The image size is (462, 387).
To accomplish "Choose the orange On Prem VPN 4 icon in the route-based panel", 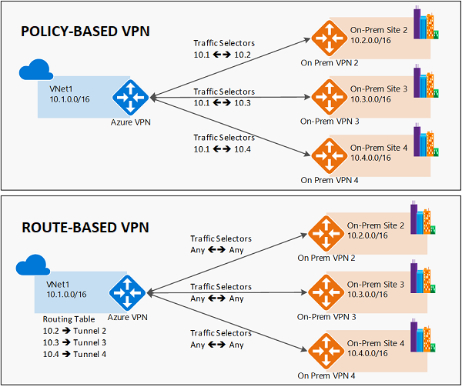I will pyautogui.click(x=324, y=351).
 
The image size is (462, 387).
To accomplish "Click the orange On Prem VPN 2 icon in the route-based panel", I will pyautogui.click(x=324, y=232).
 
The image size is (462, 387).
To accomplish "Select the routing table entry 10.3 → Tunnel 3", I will pyautogui.click(x=75, y=342).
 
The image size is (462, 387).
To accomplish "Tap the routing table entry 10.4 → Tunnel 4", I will pyautogui.click(x=75, y=354).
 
